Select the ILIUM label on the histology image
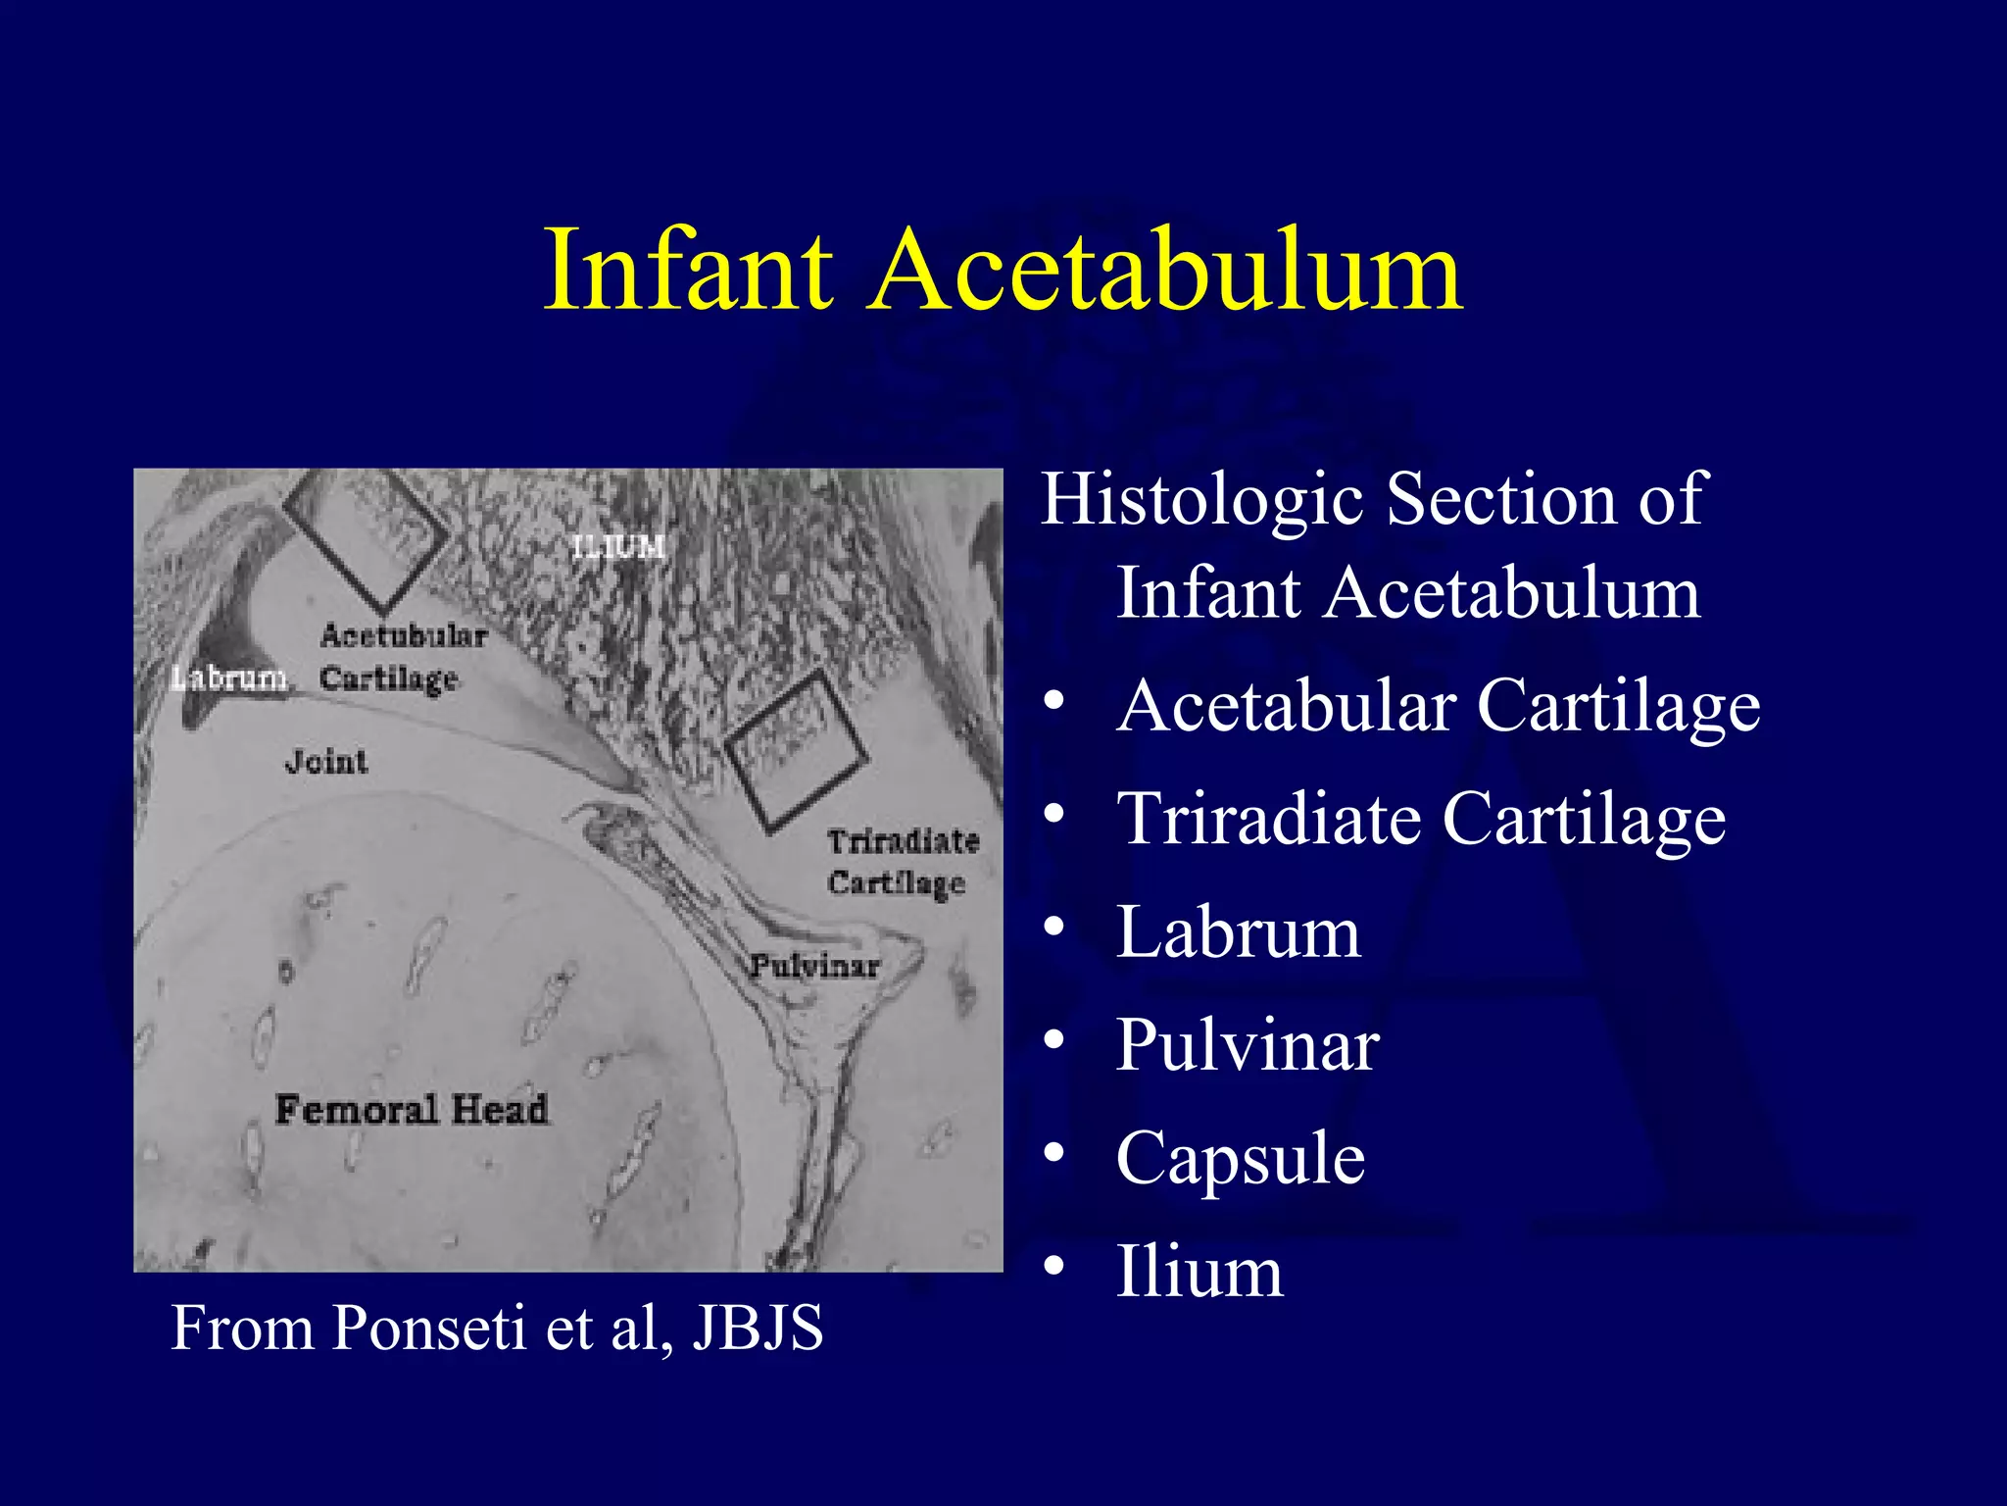tap(618, 546)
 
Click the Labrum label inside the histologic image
tap(228, 678)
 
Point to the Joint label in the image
tap(326, 762)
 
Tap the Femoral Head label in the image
tap(412, 1110)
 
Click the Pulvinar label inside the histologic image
tap(814, 967)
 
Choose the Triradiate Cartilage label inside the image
tap(902, 862)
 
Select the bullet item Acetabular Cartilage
tap(1438, 706)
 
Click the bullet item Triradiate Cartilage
tap(1420, 819)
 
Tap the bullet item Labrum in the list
tap(1238, 931)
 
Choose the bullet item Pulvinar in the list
tap(1247, 1045)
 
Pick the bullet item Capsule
tap(1240, 1158)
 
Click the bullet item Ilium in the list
tap(1199, 1272)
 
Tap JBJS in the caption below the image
tap(758, 1329)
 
